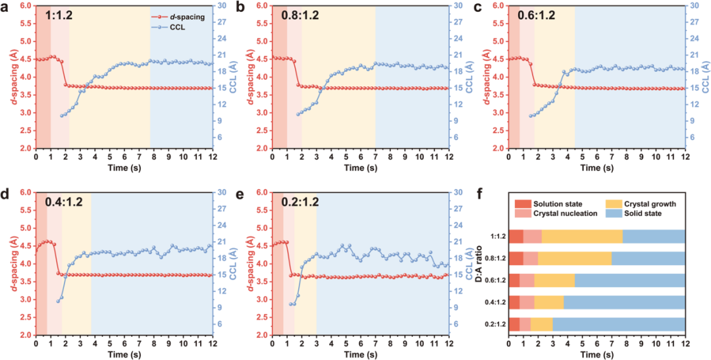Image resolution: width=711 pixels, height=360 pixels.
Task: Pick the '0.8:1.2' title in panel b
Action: [300, 14]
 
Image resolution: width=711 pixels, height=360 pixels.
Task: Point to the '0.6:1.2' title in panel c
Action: [535, 14]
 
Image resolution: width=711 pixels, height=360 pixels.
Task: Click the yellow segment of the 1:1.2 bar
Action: [582, 237]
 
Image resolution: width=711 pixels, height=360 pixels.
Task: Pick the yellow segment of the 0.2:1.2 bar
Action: [541, 324]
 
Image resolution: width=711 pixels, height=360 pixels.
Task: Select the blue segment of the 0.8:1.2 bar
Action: [648, 259]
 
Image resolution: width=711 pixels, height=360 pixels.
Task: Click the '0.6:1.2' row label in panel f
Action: [493, 280]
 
